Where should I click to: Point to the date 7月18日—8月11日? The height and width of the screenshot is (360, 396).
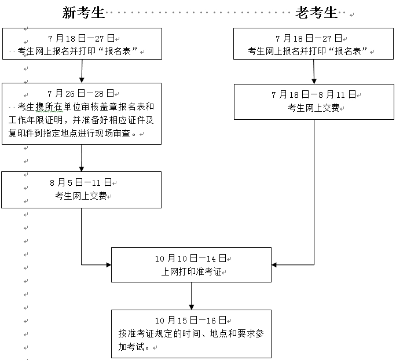click(x=313, y=94)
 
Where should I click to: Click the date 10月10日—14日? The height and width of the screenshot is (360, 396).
click(x=190, y=258)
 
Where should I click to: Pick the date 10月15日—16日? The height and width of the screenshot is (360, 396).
click(x=190, y=320)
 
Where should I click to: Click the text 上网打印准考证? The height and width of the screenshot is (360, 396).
click(x=190, y=271)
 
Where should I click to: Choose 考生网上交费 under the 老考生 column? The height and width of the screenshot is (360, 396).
click(x=313, y=107)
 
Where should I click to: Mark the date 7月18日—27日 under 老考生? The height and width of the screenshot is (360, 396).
click(x=313, y=39)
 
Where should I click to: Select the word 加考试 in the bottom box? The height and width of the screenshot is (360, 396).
click(x=131, y=347)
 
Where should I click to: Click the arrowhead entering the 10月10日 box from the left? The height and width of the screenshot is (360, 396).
click(x=108, y=265)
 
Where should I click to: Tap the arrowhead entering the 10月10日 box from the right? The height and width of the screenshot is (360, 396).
click(x=274, y=265)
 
